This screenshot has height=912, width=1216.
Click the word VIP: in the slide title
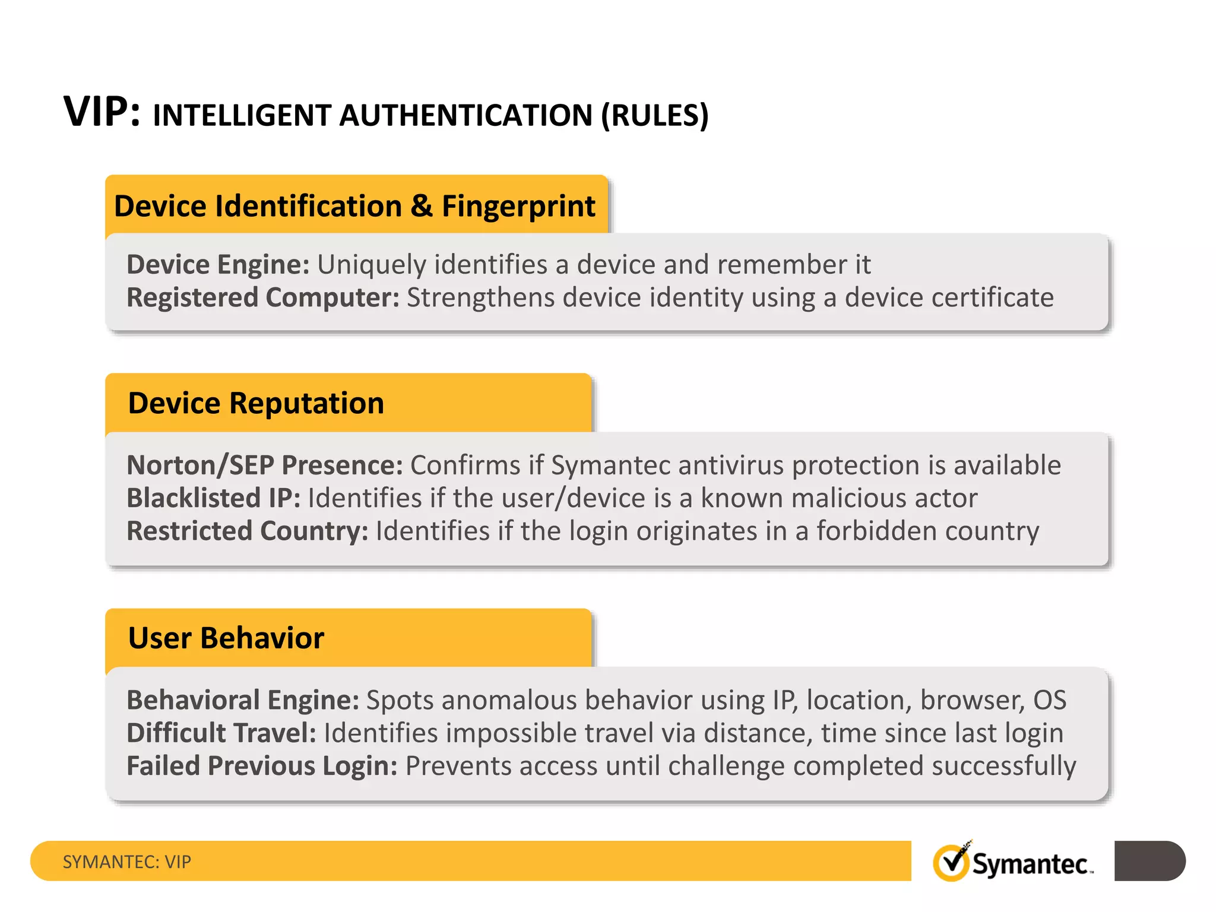click(102, 112)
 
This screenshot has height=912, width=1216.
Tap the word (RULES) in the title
click(654, 115)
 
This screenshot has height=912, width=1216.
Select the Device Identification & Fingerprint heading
click(354, 206)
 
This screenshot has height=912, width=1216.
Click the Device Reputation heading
click(256, 403)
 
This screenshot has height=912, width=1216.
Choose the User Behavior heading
click(226, 638)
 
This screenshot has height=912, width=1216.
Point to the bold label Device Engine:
click(218, 265)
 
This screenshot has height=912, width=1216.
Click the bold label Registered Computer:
click(263, 297)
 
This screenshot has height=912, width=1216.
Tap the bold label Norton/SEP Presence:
click(265, 465)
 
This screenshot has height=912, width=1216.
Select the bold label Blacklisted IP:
click(214, 498)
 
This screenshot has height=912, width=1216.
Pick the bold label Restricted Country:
click(248, 531)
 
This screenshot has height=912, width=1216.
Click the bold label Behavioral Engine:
click(243, 700)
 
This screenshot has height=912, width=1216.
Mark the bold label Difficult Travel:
click(221, 733)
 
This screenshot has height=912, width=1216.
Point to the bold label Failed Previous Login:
click(262, 766)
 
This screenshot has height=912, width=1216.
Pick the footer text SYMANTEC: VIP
click(127, 862)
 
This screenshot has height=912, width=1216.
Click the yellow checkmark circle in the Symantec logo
click(951, 863)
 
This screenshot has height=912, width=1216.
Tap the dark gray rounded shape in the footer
click(1149, 861)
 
